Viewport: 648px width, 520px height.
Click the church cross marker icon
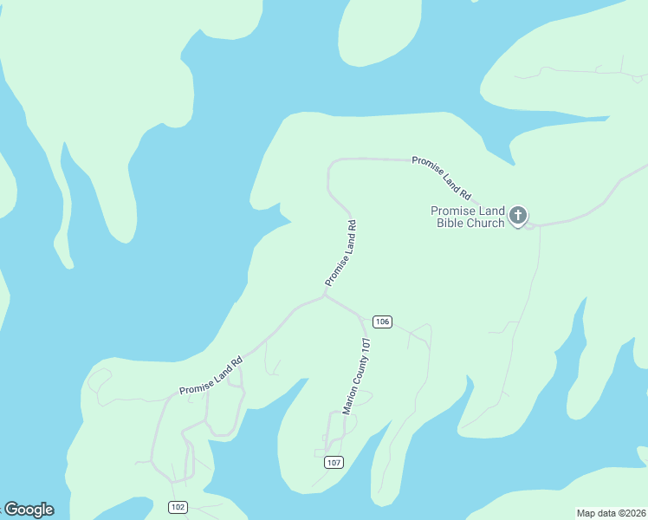click(x=518, y=215)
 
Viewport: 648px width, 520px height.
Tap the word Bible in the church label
click(x=453, y=223)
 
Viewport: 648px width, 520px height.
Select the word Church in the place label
click(x=487, y=223)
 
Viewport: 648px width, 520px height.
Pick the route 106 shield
click(x=382, y=322)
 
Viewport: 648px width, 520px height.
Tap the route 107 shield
click(x=334, y=462)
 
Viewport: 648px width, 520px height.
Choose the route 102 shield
click(x=178, y=507)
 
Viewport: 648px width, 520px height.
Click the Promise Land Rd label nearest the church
click(x=441, y=176)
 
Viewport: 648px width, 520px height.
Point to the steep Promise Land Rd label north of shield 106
click(x=341, y=253)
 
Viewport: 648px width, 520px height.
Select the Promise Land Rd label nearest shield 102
click(x=210, y=378)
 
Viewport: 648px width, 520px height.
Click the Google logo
click(x=29, y=510)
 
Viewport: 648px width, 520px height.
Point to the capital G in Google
click(x=11, y=510)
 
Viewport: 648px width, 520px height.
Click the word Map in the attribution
click(x=587, y=513)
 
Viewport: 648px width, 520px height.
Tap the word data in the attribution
click(x=606, y=513)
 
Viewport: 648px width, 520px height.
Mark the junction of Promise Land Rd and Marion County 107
click(x=325, y=296)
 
